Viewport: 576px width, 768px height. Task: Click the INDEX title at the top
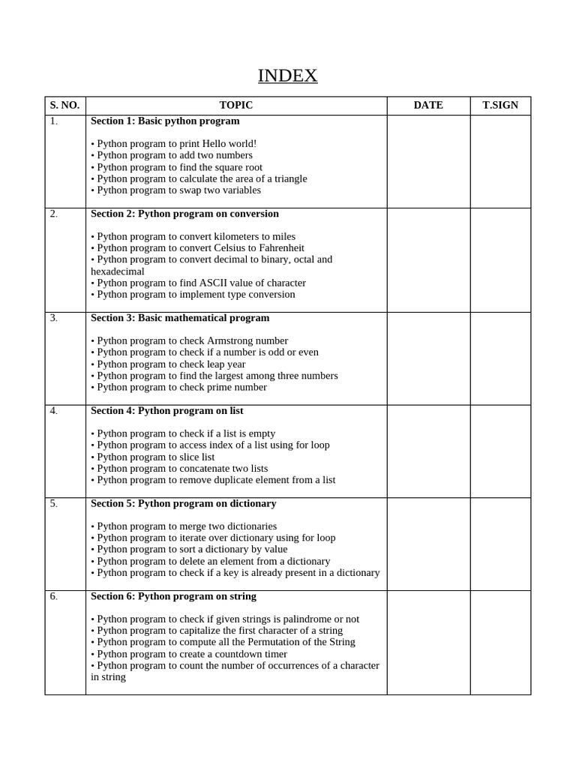[287, 76]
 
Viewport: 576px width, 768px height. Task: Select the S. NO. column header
[64, 105]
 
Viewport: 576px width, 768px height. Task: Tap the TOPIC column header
[235, 105]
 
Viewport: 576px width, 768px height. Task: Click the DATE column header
[428, 105]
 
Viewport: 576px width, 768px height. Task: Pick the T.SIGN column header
[500, 105]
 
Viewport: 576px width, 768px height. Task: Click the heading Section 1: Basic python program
[165, 121]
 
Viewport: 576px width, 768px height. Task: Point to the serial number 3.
[54, 318]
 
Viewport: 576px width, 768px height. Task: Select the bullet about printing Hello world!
[174, 143]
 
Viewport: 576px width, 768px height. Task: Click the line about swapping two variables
[176, 190]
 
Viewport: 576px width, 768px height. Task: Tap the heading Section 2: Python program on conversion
[184, 214]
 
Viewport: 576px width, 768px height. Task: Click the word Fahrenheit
[280, 248]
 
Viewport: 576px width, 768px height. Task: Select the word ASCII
[217, 283]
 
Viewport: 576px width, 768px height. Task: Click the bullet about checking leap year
[168, 364]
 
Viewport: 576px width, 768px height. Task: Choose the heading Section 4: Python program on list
[166, 411]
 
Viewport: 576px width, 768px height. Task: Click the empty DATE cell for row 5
[428, 544]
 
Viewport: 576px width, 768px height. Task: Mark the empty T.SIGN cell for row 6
[500, 642]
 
